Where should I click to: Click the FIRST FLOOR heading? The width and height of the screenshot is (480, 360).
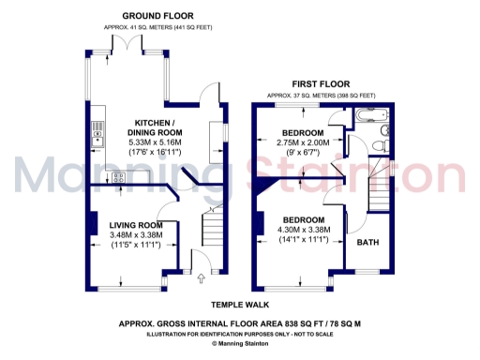[x=321, y=83]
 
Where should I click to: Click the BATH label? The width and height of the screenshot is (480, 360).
[x=367, y=242]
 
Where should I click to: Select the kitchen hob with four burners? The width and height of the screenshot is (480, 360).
[x=120, y=177]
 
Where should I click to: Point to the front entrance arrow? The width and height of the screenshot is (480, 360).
[x=202, y=277]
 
